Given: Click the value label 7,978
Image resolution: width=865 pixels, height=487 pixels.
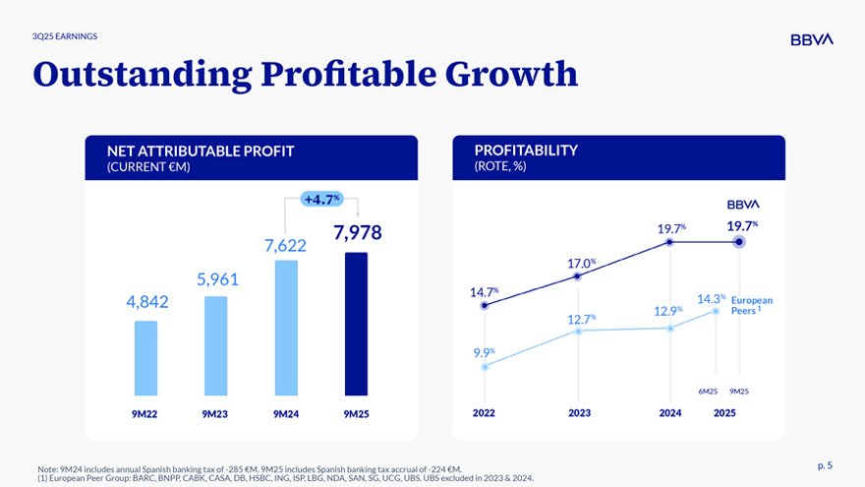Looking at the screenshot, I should (357, 232).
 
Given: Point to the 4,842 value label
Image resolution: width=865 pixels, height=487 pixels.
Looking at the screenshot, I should (147, 302).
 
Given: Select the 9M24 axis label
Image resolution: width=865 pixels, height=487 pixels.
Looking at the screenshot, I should (286, 414).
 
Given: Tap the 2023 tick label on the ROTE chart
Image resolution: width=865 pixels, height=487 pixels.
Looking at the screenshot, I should (579, 413).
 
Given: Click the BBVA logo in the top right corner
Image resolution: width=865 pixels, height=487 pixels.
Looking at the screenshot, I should (811, 39).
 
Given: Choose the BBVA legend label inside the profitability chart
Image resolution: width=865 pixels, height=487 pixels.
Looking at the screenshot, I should (743, 204).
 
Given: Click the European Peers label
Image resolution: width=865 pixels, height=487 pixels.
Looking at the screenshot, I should (752, 305).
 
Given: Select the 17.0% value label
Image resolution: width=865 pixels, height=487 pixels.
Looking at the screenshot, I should (581, 263).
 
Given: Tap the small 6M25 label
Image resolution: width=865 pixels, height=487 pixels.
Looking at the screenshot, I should (707, 392).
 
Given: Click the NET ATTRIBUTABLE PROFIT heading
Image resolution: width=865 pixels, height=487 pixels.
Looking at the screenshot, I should (202, 151).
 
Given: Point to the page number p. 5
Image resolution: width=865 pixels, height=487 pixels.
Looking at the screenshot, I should (824, 465).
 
